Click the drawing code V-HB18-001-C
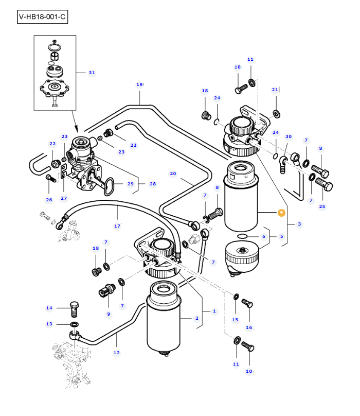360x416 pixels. (42, 16)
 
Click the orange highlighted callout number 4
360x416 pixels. (281, 213)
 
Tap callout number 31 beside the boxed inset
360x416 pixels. (92, 73)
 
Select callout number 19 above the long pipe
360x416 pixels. (139, 84)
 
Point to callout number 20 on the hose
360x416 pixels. (173, 174)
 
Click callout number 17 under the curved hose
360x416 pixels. (117, 226)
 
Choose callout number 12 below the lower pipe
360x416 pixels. (117, 353)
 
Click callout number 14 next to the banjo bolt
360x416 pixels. (49, 308)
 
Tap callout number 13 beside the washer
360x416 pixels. (49, 324)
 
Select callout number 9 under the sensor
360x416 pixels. (109, 314)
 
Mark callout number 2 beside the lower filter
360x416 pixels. (196, 318)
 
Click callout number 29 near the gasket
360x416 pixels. (131, 184)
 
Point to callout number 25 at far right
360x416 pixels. (322, 206)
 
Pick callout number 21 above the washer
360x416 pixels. (275, 90)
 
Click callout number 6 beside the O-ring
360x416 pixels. (263, 236)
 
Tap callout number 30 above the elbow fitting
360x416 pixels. (289, 136)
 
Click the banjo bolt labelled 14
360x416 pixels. (74, 309)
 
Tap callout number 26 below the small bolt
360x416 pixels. (49, 200)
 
